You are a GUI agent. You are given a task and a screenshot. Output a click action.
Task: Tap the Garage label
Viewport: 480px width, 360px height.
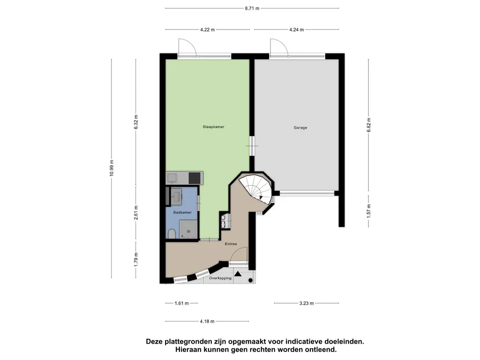point(300,127)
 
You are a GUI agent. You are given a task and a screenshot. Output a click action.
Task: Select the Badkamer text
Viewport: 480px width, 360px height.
point(183,212)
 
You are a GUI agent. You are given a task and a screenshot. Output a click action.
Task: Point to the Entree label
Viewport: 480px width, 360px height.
point(230,244)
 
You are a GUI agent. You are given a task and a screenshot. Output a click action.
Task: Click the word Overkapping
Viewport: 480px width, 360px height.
point(220,278)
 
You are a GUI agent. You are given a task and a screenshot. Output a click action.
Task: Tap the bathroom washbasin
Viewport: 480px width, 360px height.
point(177,196)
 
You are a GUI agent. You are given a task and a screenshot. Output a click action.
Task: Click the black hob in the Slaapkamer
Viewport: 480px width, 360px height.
point(195,178)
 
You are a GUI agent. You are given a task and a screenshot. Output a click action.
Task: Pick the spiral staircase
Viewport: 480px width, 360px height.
point(255,187)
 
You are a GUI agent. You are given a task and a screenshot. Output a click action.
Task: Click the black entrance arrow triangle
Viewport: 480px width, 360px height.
point(238,275)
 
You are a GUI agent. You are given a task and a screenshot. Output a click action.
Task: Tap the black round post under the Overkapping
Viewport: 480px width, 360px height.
point(251,280)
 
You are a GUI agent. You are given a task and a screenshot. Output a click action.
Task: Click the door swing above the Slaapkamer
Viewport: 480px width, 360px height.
point(187,47)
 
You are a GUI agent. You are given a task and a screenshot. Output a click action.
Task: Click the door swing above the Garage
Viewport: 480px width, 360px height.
point(278,47)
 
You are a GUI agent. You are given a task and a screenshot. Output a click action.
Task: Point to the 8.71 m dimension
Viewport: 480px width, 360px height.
point(252,8)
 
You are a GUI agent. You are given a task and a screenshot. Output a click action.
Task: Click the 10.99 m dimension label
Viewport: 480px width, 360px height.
point(112,168)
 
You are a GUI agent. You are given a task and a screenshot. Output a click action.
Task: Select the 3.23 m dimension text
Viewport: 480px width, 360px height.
point(307,303)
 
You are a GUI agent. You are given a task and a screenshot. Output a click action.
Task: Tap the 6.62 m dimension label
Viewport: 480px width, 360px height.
point(368,125)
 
